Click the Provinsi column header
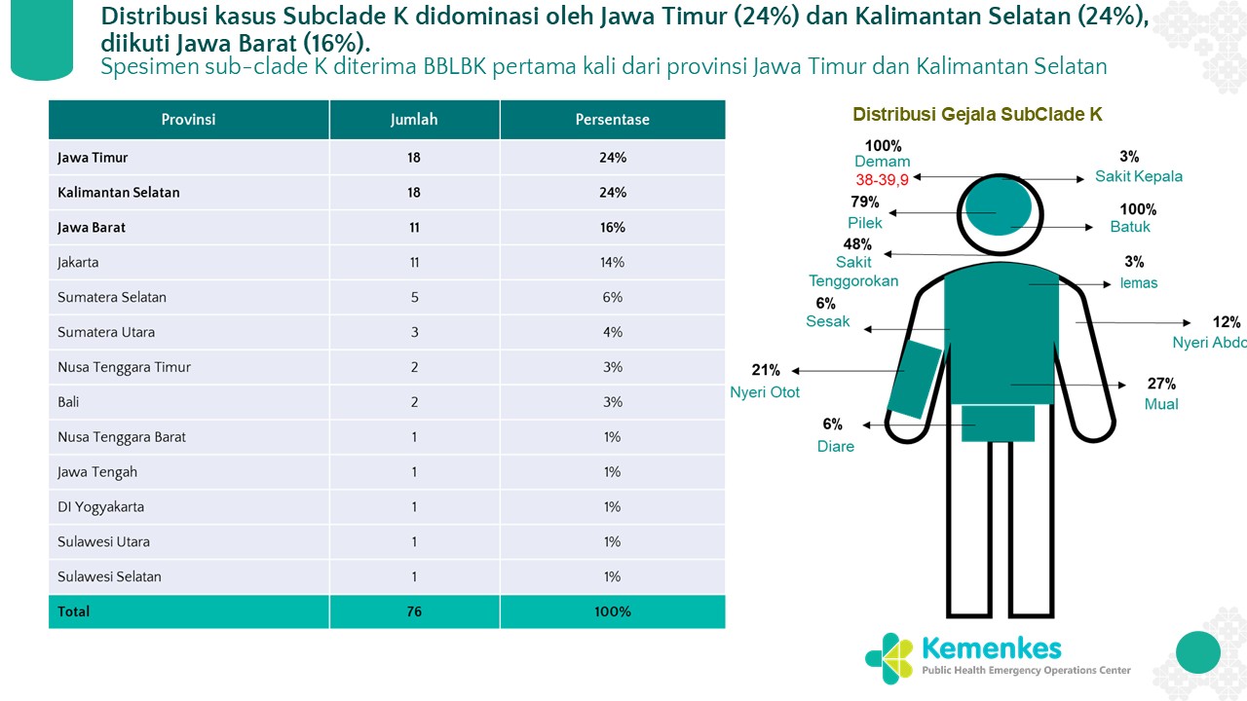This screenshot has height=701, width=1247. click(x=188, y=120)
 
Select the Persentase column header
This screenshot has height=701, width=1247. click(x=612, y=120)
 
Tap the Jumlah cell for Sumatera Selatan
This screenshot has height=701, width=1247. click(x=414, y=297)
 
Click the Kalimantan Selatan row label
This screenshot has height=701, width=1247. click(x=119, y=192)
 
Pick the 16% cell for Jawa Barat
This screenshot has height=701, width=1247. click(x=613, y=227)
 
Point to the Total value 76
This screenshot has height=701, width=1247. click(x=414, y=611)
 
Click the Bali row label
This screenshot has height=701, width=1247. click(x=68, y=402)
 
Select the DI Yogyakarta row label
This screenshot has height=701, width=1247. click(x=101, y=506)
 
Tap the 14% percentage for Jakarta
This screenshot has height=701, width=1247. click(x=613, y=262)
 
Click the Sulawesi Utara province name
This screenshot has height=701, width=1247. click(x=103, y=541)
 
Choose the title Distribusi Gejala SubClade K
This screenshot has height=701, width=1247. click(x=977, y=115)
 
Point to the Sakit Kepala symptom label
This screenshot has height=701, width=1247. click(x=1138, y=176)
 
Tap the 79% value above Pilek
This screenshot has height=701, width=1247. click(x=864, y=203)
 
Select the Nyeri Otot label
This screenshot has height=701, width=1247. click(x=765, y=392)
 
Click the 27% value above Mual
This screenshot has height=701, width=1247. click(x=1161, y=384)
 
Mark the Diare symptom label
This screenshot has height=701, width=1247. click(x=836, y=446)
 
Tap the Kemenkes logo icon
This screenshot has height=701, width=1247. click(x=888, y=658)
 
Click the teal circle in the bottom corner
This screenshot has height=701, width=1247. click(x=1197, y=651)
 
